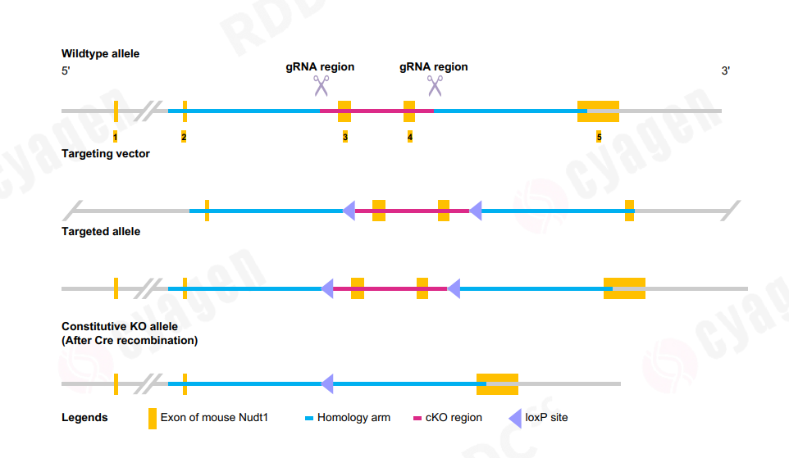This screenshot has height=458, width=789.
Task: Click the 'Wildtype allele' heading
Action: pyautogui.click(x=100, y=54)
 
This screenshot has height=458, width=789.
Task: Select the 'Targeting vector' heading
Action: pyautogui.click(x=105, y=153)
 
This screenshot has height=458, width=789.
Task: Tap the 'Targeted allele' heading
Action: pyautogui.click(x=100, y=232)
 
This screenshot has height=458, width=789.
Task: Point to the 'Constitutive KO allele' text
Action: pyautogui.click(x=119, y=326)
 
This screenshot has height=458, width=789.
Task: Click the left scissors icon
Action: pyautogui.click(x=321, y=84)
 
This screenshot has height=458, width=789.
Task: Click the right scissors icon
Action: pyautogui.click(x=435, y=84)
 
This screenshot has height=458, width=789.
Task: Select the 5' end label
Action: pyautogui.click(x=66, y=71)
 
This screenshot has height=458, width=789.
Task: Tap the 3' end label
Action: pyautogui.click(x=725, y=71)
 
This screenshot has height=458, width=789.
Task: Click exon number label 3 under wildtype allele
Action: pyautogui.click(x=345, y=137)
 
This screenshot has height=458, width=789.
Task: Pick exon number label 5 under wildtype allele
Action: pyautogui.click(x=599, y=137)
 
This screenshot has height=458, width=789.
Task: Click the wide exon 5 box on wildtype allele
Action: pyautogui.click(x=598, y=111)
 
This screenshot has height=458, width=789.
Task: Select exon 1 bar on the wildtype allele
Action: pyautogui.click(x=116, y=111)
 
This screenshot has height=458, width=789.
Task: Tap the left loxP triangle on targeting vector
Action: pyautogui.click(x=349, y=211)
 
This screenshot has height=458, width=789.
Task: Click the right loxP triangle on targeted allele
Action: pyautogui.click(x=454, y=288)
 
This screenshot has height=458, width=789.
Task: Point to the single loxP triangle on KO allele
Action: pyautogui.click(x=327, y=383)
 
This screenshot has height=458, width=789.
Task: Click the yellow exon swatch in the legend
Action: pyautogui.click(x=152, y=418)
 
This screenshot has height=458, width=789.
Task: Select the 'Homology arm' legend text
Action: pyautogui.click(x=353, y=418)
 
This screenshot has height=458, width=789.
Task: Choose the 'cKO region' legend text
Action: pyautogui.click(x=454, y=418)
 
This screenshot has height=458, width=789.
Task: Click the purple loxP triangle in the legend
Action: pyautogui.click(x=515, y=418)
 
